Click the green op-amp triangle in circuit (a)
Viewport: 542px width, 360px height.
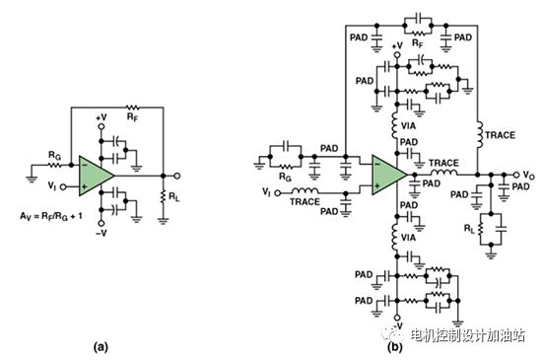pos(94,176)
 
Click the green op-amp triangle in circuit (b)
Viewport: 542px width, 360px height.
pos(387,175)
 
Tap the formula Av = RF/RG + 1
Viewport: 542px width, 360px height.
pos(51,216)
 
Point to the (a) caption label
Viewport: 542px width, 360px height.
pos(101,346)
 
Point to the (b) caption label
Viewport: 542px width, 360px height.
pos(395,346)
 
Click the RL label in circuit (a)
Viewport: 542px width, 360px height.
pos(173,197)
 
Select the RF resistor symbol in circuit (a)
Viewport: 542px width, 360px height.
pos(132,108)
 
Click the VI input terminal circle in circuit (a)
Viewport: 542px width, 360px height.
pos(63,187)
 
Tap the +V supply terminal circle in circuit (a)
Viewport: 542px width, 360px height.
pos(102,126)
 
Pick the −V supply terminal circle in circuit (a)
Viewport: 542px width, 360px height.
pos(102,223)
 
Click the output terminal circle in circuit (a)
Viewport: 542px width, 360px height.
pos(177,176)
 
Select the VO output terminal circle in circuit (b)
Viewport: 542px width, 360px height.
pos(516,175)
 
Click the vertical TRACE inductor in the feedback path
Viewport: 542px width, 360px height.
pos(480,135)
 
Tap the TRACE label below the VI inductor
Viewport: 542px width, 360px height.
pos(305,201)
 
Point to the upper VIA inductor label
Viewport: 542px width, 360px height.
pos(408,126)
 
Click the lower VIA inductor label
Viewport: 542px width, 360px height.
pos(408,238)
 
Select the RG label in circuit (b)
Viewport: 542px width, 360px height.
pos(285,178)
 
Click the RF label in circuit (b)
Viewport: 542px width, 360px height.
pos(418,43)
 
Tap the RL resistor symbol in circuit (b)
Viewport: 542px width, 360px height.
pos(480,229)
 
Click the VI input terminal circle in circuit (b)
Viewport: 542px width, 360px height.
pos(278,193)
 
